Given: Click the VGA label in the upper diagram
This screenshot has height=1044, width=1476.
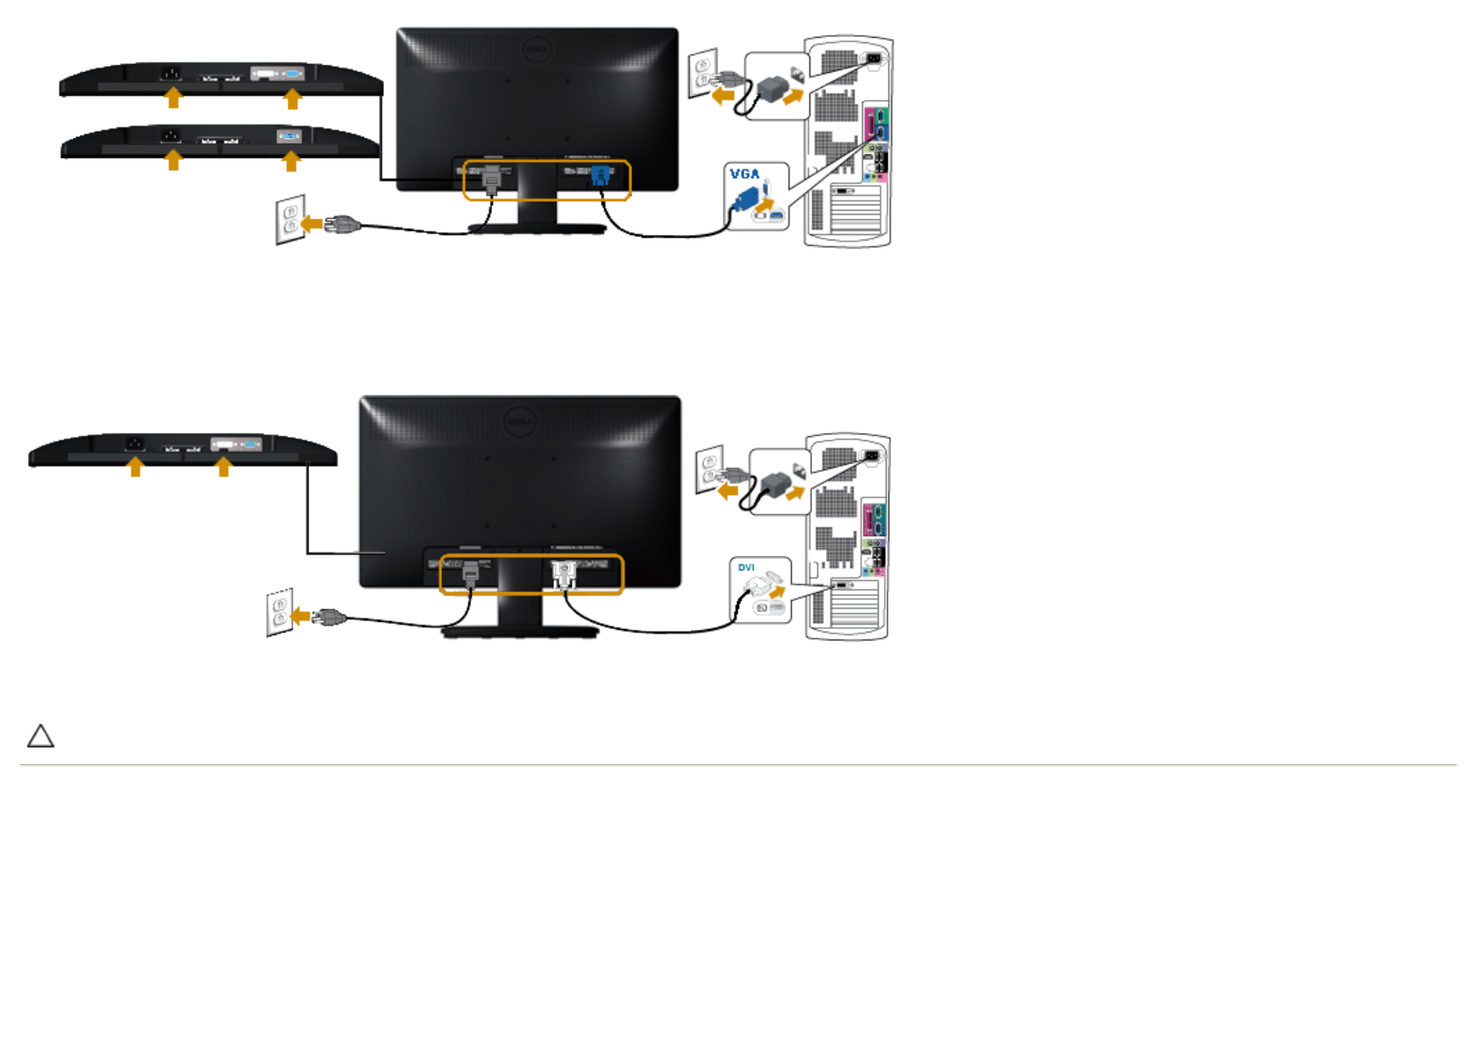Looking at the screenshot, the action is coord(745,174).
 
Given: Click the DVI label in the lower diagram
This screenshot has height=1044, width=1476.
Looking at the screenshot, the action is coord(746,568).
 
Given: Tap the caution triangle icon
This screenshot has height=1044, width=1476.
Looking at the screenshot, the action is coord(40,736).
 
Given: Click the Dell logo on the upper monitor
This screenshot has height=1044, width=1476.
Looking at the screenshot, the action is coord(536,50).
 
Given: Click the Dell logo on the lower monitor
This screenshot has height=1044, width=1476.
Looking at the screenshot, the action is coord(519,422).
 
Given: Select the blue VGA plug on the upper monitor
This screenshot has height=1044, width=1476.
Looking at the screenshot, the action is coord(601,175).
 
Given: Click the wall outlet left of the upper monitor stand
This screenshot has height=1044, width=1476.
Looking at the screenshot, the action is coord(290,219).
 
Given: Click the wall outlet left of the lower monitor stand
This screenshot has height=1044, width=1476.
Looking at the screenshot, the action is coord(280,612).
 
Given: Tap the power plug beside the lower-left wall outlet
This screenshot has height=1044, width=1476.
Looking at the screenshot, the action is coord(330,618).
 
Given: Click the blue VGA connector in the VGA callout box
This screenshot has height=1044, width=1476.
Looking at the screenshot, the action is coord(745,199).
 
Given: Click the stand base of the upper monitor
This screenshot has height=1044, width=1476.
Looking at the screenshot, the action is coord(537,229).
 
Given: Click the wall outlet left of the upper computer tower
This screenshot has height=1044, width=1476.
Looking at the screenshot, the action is coord(702,73).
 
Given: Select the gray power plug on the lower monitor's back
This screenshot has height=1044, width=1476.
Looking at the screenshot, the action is coord(471,573).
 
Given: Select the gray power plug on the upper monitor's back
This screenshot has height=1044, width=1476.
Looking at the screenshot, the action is coord(491,178).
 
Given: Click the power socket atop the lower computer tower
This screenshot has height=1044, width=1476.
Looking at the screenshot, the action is coord(872,455).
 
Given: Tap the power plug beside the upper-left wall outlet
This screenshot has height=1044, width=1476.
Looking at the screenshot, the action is coord(343,225).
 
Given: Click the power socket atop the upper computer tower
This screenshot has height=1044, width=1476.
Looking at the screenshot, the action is coord(873,59).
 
